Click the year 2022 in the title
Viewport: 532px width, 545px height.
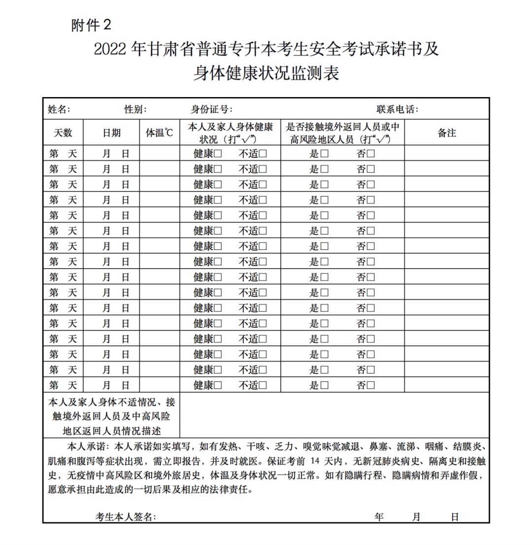(x=110, y=49)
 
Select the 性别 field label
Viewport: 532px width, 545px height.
(x=135, y=109)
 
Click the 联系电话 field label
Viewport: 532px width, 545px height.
(x=398, y=109)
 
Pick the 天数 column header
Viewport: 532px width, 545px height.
(x=63, y=133)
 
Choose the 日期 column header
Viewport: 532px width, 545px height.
(x=111, y=133)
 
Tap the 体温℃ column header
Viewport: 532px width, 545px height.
(x=160, y=133)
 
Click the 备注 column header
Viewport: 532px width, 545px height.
(x=447, y=133)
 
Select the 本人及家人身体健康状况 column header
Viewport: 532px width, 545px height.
(x=230, y=133)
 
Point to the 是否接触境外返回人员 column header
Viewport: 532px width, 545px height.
(x=342, y=133)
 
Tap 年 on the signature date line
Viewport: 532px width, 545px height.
(x=379, y=516)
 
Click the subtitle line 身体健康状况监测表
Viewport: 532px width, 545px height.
(x=266, y=74)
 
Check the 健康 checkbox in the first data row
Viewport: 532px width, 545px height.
(x=218, y=154)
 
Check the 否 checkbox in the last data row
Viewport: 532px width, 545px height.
(x=370, y=385)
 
